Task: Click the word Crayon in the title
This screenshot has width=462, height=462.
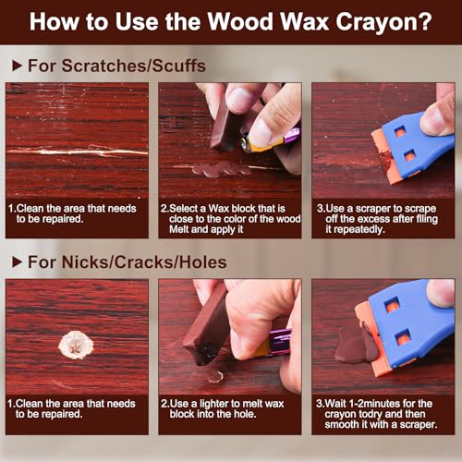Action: coord(383,21)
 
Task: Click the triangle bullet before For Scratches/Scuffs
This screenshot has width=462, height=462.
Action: coord(17,66)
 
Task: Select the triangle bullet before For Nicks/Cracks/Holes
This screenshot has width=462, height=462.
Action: coord(17,262)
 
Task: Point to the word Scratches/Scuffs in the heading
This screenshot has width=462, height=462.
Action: coord(134,66)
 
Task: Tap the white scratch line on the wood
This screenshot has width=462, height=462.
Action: coord(77,152)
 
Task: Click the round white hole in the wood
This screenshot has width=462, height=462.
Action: coord(76,345)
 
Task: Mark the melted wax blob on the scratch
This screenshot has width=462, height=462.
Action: coord(221,169)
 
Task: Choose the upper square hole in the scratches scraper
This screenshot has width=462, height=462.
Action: coord(400,133)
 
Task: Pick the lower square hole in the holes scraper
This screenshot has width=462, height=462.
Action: coord(404,337)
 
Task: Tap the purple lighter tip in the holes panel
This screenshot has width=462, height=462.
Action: coord(280,335)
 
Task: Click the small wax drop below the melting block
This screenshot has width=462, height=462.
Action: coord(215,376)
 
